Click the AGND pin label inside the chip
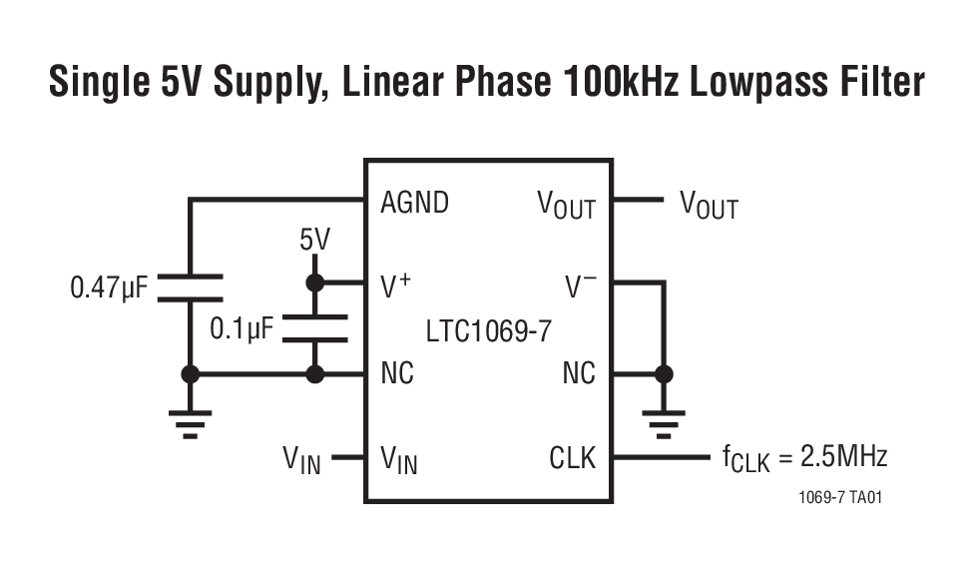[x=415, y=203]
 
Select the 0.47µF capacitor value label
[x=109, y=289]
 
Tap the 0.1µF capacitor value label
[x=242, y=327]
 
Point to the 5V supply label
[x=314, y=240]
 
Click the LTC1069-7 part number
[x=488, y=330]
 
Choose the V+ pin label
[x=396, y=286]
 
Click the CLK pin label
[x=572, y=458]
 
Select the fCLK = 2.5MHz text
[x=804, y=458]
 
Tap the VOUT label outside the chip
[x=709, y=206]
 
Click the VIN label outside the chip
[x=301, y=460]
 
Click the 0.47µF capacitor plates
[x=190, y=286]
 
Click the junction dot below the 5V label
[x=314, y=283]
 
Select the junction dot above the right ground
[x=662, y=374]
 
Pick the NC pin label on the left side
[x=397, y=374]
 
